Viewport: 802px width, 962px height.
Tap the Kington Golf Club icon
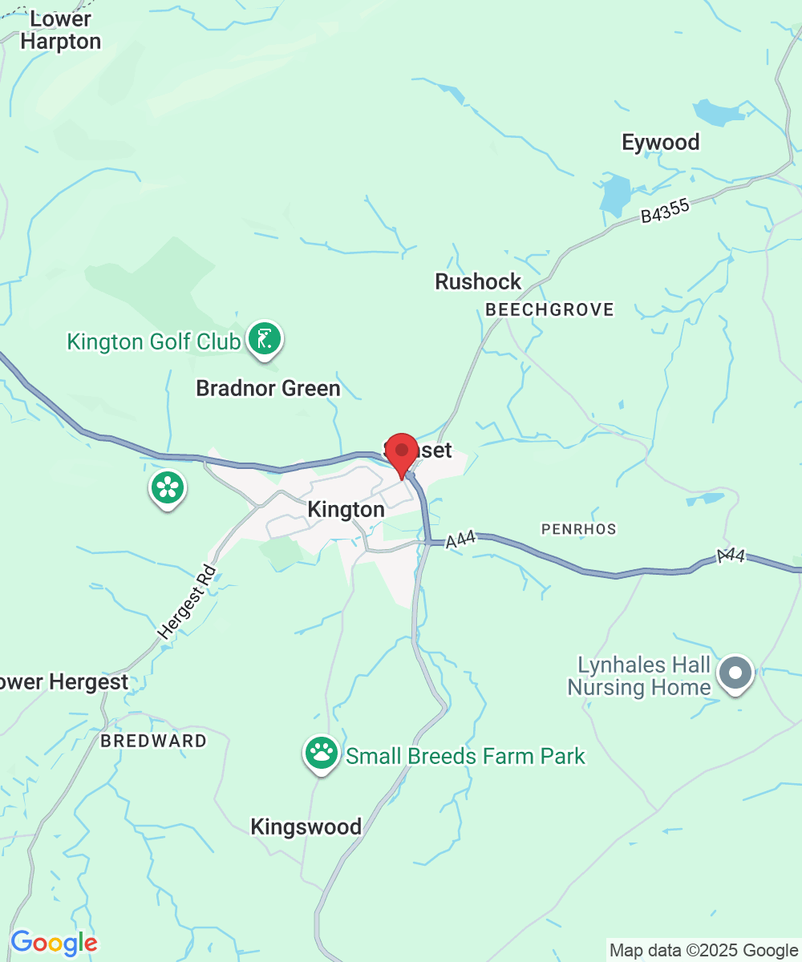pos(264,340)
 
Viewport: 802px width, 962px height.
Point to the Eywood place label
pos(661,143)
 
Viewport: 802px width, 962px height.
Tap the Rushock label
pos(478,281)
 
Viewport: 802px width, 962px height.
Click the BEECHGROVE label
pos(549,309)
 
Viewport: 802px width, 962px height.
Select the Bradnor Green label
pos(269,389)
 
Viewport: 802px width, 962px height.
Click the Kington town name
pos(346,510)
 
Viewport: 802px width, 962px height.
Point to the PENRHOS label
pos(578,529)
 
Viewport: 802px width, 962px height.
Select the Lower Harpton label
pos(61,30)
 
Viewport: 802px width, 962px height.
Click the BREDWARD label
pos(153,741)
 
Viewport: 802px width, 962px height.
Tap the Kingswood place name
pos(306,827)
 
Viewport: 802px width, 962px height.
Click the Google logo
pos(53,943)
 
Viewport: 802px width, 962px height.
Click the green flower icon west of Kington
pos(168,487)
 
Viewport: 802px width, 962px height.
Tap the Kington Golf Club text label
pos(153,342)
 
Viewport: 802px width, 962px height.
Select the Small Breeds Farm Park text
pos(465,756)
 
